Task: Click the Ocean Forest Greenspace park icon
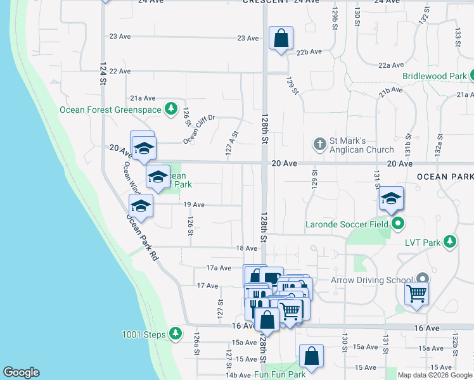(x=170, y=109)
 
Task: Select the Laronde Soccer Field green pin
(x=399, y=223)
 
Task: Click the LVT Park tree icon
(x=450, y=241)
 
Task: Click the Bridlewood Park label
(x=434, y=76)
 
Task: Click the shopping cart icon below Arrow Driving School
(x=417, y=292)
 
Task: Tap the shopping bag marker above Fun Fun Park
(x=311, y=356)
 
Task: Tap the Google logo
(x=21, y=372)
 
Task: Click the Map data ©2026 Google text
(x=435, y=375)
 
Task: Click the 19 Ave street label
(x=193, y=205)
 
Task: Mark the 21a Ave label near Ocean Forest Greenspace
(x=143, y=98)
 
